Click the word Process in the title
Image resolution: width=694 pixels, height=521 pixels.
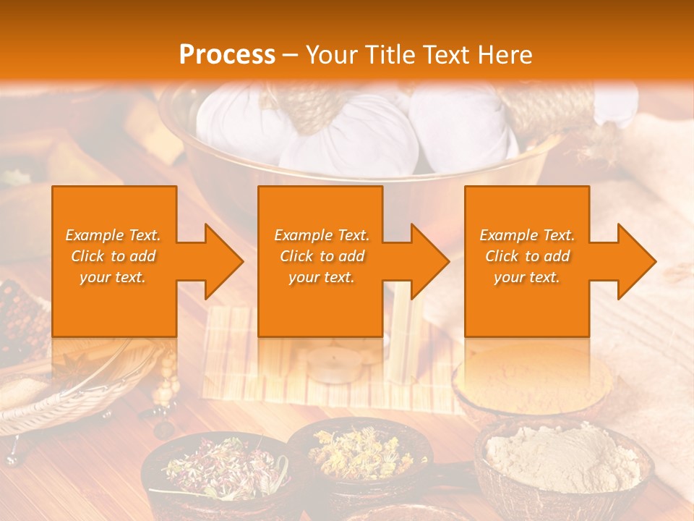tap(227, 55)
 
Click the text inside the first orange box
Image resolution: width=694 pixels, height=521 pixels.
tap(113, 256)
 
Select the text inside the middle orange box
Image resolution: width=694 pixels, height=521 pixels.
tap(322, 256)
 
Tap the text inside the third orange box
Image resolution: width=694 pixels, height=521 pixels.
tap(527, 256)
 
